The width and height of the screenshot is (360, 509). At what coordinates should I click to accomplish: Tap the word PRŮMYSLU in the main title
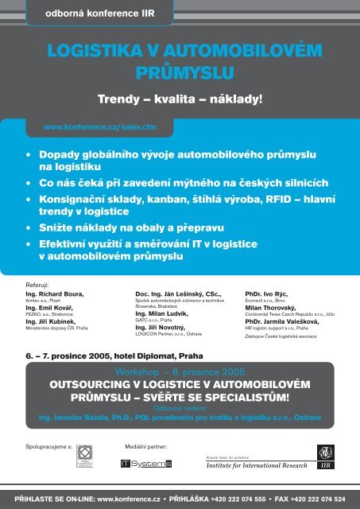[x=180, y=76]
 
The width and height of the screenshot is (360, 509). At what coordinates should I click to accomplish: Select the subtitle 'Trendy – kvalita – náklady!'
[x=180, y=101]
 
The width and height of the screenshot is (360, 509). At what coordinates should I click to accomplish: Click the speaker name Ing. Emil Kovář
[x=50, y=309]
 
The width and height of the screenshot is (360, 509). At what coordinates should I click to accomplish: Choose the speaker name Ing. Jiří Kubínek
[x=52, y=321]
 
